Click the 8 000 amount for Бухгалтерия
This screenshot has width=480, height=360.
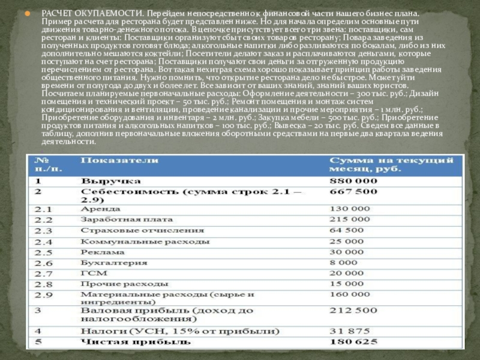343,263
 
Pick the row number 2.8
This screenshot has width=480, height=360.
43,284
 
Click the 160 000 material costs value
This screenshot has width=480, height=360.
350,295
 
